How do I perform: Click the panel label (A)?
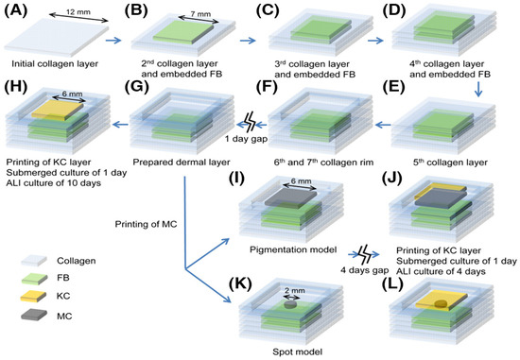(17, 10)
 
